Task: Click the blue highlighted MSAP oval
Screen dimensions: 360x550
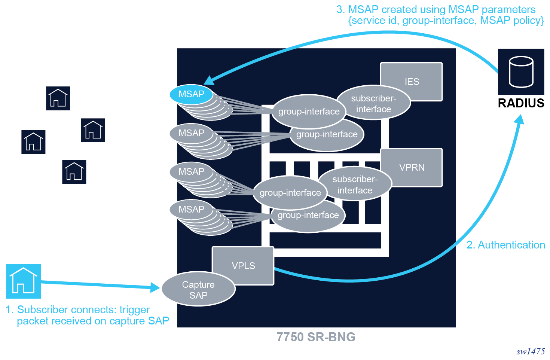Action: point(191,94)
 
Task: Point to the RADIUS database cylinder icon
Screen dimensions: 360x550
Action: point(521,71)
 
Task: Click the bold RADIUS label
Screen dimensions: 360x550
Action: point(521,103)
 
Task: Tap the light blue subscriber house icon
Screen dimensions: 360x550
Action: point(23,281)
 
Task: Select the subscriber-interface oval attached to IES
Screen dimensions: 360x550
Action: point(373,104)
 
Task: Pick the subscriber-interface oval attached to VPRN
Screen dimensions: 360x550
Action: point(355,184)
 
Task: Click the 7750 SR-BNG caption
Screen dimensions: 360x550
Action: point(316,337)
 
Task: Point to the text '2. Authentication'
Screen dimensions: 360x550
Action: point(505,245)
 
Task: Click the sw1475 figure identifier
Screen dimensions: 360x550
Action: point(530,351)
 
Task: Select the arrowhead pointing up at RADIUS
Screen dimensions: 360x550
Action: point(519,119)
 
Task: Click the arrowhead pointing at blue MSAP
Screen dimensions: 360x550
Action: point(208,80)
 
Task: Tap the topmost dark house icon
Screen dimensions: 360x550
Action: point(58,98)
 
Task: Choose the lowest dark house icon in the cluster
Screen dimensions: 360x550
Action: point(74,172)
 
